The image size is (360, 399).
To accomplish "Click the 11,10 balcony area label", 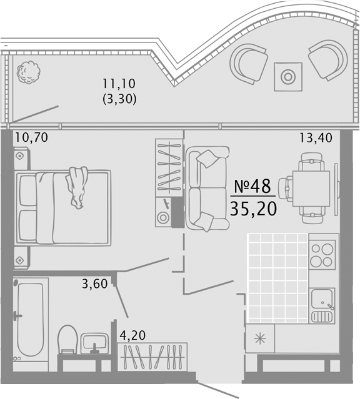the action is (119, 84).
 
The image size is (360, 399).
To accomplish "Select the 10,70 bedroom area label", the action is (32, 137).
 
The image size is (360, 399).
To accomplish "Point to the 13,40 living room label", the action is (316, 137).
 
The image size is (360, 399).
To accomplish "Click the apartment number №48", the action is (252, 186).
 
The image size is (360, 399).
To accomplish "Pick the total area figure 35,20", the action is (253, 209).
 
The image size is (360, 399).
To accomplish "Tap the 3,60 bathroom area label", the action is (95, 283).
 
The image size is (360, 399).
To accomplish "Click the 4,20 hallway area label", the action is (132, 335).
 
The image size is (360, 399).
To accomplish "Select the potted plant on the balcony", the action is (29, 72).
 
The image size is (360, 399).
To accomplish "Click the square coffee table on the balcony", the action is (288, 77).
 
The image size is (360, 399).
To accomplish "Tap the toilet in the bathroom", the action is (67, 339).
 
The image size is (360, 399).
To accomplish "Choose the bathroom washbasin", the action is (94, 343).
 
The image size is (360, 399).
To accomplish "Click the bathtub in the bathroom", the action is (31, 319).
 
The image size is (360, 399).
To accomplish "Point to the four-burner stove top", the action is (322, 255).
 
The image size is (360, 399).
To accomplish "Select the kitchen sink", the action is (322, 305).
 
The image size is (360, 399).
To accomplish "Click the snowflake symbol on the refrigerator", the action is (260, 338).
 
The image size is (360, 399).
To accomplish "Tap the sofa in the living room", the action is (207, 189).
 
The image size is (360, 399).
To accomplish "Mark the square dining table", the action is (311, 189).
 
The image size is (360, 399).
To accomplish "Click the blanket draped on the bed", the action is (76, 187).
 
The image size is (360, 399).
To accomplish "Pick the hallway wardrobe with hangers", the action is (152, 357).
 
